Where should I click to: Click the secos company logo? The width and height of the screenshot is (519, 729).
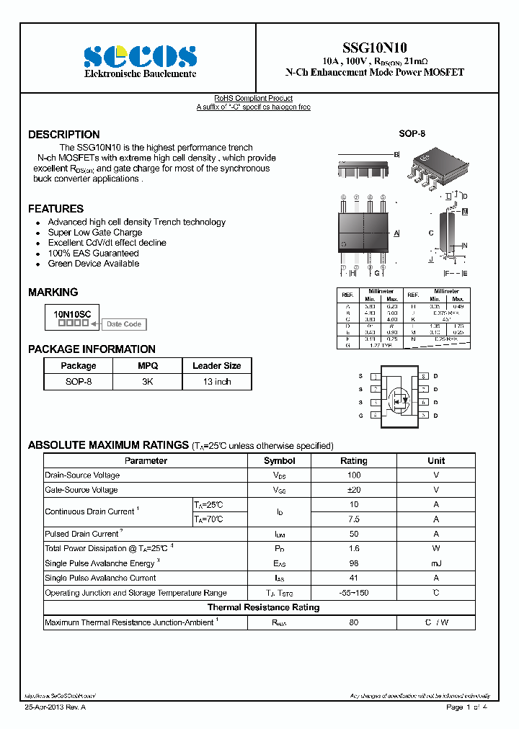140,56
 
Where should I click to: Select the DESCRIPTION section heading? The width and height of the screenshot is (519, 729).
64,135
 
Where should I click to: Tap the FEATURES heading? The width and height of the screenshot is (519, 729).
56,209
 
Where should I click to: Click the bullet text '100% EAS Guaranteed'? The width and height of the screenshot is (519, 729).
93,254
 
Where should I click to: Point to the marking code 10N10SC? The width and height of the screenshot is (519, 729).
71,314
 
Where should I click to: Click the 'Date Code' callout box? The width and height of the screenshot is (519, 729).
123,324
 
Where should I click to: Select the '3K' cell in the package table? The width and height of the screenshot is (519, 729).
147,382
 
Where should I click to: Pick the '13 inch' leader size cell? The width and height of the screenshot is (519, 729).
216,382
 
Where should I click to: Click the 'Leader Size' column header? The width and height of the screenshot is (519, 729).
216,366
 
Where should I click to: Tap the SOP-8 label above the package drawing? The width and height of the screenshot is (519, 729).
412,135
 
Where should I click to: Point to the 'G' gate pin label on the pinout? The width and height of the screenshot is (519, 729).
360,416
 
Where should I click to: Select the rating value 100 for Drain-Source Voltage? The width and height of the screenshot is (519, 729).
353,475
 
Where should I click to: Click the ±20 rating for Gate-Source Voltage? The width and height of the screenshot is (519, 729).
353,490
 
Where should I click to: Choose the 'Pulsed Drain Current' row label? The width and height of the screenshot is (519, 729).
82,534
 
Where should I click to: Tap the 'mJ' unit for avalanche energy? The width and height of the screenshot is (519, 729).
435,563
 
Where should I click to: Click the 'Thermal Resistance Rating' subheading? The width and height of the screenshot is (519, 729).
263,607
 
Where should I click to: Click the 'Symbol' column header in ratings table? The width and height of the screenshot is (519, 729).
279,461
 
